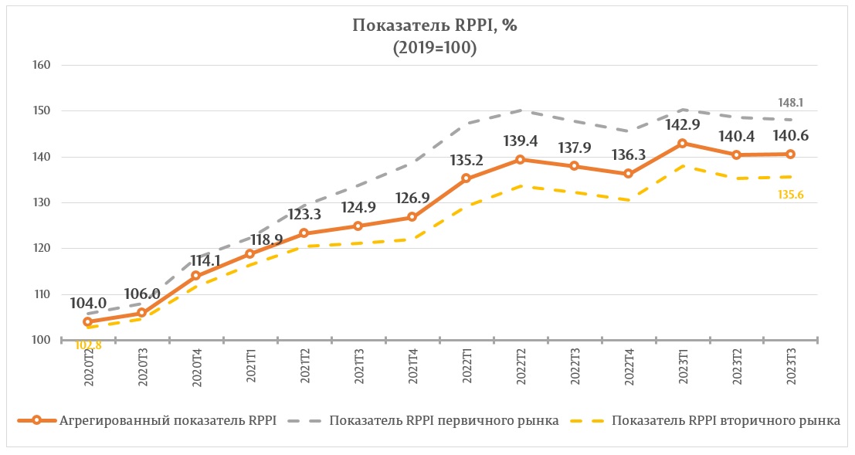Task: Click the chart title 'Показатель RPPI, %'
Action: [434, 25]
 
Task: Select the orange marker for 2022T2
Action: [520, 160]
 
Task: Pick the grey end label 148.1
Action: [789, 101]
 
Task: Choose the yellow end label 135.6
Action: [789, 194]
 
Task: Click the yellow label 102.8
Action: [88, 345]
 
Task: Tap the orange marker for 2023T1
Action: [682, 144]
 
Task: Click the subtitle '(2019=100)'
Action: [434, 48]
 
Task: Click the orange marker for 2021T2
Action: [304, 233]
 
